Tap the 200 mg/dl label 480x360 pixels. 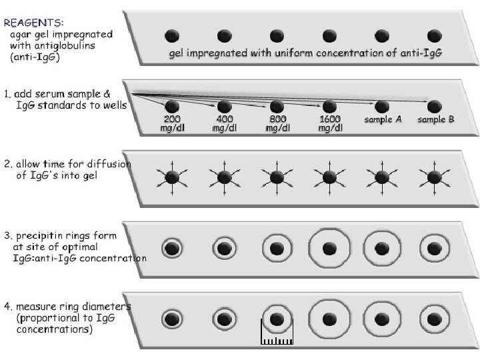[x=172, y=124]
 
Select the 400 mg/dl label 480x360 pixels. [x=224, y=124]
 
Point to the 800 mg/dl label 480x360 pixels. [x=277, y=124]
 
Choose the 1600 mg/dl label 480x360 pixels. [x=329, y=124]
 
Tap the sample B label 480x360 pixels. [x=435, y=120]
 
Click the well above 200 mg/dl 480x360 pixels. [x=172, y=105]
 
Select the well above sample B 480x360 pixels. [x=435, y=105]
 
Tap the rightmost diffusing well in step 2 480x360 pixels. [x=435, y=177]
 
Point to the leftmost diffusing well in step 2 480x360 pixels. [x=172, y=177]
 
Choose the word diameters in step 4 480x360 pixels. [x=107, y=307]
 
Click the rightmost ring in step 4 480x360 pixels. [x=435, y=319]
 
